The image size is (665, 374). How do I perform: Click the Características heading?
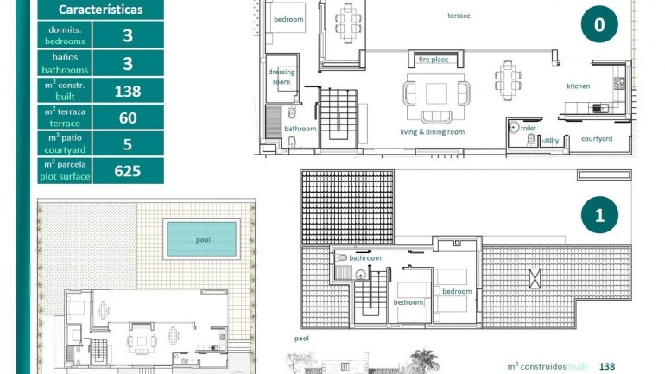[100, 10]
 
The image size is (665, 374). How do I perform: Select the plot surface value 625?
[127, 171]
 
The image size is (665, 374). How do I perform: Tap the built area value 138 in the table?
[127, 91]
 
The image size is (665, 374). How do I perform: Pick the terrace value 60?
[127, 117]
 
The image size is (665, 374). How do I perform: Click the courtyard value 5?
[127, 144]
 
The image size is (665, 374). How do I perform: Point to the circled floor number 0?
[599, 25]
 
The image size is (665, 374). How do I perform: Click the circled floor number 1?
[599, 216]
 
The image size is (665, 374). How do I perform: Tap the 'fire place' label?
[434, 60]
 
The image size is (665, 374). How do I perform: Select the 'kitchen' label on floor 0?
[578, 86]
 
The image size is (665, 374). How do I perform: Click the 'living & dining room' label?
[432, 132]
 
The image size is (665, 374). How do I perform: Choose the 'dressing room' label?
[282, 77]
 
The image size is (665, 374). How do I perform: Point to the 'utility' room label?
[550, 140]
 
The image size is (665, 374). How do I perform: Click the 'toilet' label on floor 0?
[528, 128]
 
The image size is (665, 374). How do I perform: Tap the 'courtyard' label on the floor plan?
[597, 139]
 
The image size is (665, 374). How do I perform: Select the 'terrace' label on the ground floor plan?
[459, 16]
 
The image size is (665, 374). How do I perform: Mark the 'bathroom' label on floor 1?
[365, 257]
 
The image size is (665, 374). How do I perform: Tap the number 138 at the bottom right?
[607, 366]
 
